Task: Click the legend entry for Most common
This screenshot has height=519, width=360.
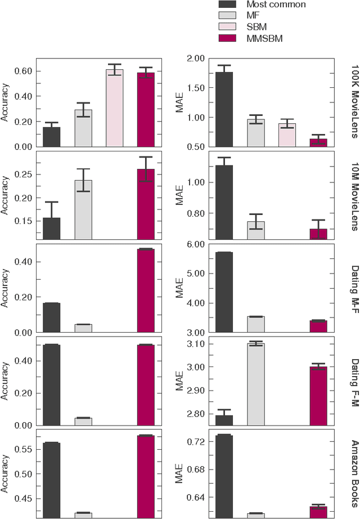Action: click(x=263, y=5)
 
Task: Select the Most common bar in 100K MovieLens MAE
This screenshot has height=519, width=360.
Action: click(x=224, y=109)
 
